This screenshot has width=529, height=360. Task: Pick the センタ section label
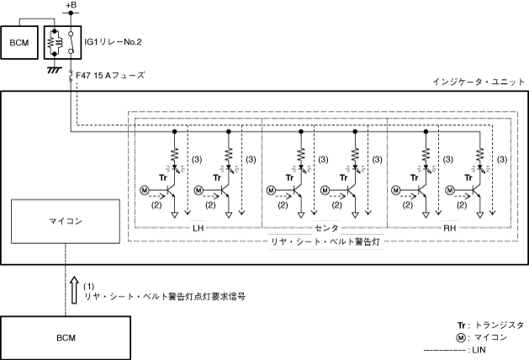[324, 228]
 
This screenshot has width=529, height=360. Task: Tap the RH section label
[448, 228]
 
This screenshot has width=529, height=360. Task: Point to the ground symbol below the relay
[54, 69]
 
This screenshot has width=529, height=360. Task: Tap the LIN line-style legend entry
[475, 350]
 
